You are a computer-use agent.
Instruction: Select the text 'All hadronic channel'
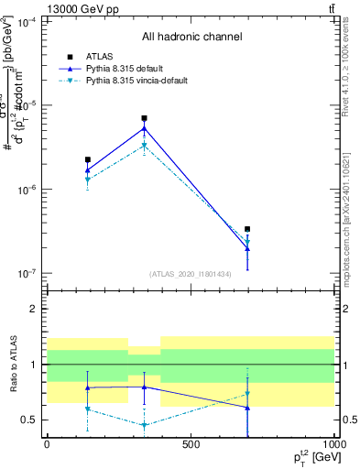[191, 38]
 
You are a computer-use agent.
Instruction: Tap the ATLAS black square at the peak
[145, 118]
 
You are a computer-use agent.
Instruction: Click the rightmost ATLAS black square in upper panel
[247, 229]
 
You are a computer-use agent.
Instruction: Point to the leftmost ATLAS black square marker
[88, 159]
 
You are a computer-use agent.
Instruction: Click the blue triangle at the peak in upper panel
[145, 127]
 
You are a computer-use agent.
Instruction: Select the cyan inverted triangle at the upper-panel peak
[145, 146]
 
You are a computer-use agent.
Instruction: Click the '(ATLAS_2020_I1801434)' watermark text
[191, 274]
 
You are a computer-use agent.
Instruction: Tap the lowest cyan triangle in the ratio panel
[145, 425]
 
